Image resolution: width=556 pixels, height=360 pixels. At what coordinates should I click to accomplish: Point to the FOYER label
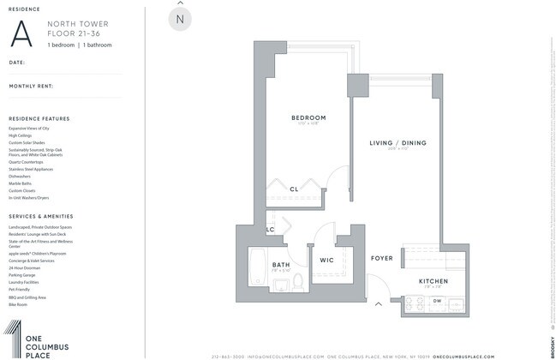click(x=382, y=258)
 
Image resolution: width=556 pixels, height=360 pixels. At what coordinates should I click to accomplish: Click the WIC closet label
click(x=326, y=260)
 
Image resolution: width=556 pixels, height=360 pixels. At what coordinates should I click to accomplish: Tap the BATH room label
click(x=281, y=265)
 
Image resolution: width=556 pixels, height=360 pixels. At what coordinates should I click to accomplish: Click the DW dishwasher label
click(x=437, y=301)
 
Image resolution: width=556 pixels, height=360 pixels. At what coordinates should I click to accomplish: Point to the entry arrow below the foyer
click(x=378, y=303)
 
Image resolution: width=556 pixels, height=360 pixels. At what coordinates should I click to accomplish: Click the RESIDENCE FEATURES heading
click(x=39, y=118)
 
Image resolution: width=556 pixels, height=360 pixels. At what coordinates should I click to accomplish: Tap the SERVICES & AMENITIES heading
click(x=41, y=216)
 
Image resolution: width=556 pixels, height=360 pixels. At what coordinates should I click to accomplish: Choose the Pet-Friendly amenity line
click(x=21, y=290)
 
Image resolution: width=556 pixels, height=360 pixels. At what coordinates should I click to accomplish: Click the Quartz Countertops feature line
click(x=27, y=162)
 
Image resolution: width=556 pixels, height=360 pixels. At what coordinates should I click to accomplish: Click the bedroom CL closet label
click(x=294, y=189)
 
